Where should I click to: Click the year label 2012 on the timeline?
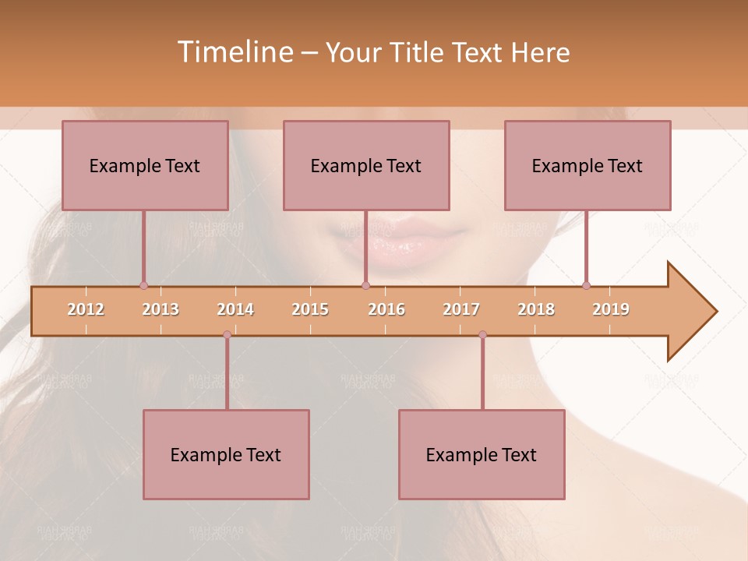point(86,310)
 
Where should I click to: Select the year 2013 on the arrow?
point(161,310)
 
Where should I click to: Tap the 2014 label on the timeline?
point(235,310)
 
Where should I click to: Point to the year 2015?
point(310,310)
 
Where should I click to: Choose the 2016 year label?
point(386,310)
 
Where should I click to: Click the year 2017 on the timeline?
point(461,310)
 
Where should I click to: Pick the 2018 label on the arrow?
point(536,310)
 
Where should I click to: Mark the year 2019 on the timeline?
point(611,310)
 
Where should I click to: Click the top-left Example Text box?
point(145,166)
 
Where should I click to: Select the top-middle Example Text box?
point(366,166)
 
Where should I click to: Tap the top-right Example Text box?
point(587,166)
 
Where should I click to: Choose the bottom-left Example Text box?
point(226,455)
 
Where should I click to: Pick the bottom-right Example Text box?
point(482,455)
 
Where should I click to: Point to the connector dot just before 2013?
point(143,286)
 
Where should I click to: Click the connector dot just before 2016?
point(365,286)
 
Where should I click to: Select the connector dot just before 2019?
point(586,286)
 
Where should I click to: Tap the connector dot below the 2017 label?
point(482,335)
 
